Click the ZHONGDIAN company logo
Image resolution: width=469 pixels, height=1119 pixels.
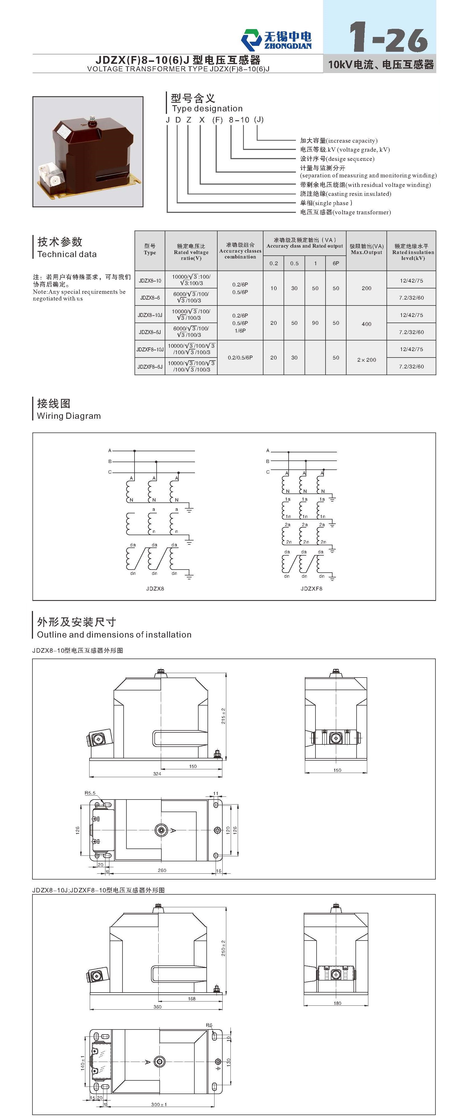click(x=277, y=39)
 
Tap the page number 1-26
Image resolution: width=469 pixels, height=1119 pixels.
click(x=389, y=37)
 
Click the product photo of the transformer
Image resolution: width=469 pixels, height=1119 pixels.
click(x=88, y=152)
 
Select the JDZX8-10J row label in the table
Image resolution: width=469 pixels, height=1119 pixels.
click(x=150, y=315)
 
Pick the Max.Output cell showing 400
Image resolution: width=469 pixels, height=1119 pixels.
click(x=367, y=324)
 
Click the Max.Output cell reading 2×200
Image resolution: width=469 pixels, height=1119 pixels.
click(x=367, y=360)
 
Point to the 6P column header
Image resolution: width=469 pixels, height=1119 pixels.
click(x=336, y=263)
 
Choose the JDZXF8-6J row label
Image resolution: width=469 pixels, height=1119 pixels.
click(x=150, y=367)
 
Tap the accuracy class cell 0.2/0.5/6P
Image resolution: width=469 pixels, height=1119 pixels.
click(x=240, y=358)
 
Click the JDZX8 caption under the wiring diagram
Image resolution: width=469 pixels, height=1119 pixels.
click(x=155, y=589)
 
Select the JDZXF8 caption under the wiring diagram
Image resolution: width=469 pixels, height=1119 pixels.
click(x=311, y=589)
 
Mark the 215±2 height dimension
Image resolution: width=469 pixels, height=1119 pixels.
click(x=223, y=716)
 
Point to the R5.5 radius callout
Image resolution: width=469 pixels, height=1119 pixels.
click(x=90, y=793)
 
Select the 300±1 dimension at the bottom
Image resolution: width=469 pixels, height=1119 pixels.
click(x=159, y=1104)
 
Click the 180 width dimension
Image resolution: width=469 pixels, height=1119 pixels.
click(x=338, y=1003)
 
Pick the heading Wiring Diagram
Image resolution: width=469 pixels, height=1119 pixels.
click(x=69, y=416)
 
